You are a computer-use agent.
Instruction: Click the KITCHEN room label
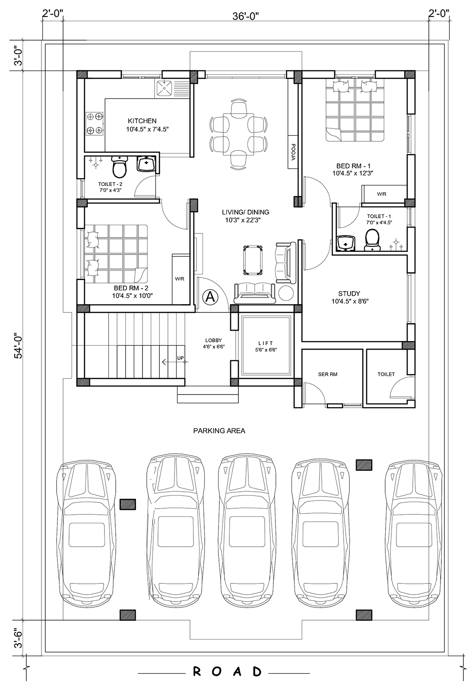[142, 121]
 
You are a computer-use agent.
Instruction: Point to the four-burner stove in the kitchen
[95, 124]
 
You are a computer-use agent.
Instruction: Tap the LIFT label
[266, 343]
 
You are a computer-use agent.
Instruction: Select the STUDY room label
[349, 293]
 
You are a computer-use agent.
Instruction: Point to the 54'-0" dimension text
[18, 345]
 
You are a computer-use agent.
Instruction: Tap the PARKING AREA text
[219, 431]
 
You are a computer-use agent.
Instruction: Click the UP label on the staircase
[180, 358]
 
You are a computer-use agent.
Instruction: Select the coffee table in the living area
[253, 260]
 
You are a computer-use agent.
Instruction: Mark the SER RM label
[328, 374]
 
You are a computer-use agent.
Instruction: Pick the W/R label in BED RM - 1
[382, 194]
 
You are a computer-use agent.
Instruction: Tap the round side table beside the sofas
[286, 293]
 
